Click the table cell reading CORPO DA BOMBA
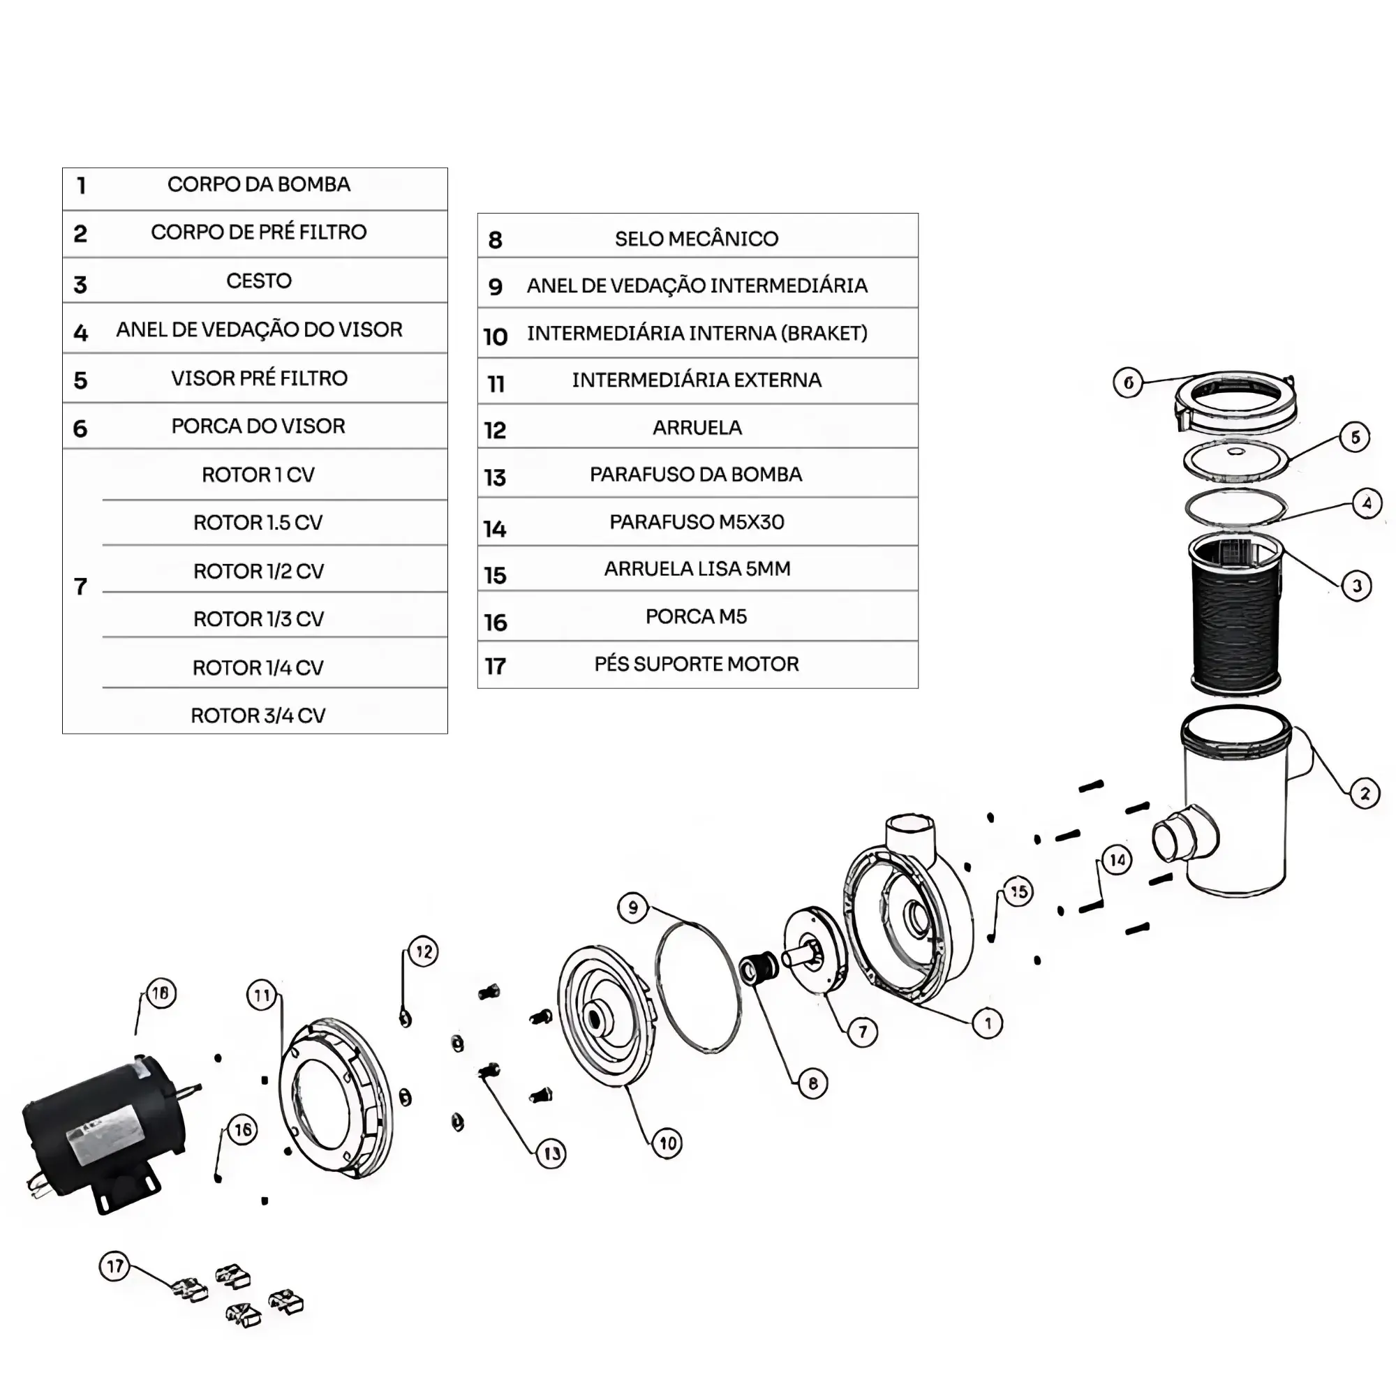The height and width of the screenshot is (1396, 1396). [259, 184]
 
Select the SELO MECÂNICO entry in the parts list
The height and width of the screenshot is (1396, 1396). [697, 239]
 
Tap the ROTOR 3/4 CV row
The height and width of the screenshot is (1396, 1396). [258, 715]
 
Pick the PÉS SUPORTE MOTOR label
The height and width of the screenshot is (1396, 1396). [697, 664]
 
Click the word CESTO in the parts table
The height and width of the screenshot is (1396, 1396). [259, 281]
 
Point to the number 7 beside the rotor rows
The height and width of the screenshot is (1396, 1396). [80, 586]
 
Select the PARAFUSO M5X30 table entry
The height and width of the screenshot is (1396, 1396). [697, 521]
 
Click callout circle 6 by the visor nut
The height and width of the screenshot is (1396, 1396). [1128, 383]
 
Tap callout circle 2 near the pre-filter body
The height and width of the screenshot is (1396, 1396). [1364, 794]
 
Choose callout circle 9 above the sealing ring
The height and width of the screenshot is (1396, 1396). [633, 907]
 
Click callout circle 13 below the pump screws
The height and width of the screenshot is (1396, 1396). [551, 1153]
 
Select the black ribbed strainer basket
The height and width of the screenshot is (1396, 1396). [1235, 614]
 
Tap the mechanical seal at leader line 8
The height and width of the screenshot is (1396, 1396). [759, 968]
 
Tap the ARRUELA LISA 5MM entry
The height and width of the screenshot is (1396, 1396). [697, 569]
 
